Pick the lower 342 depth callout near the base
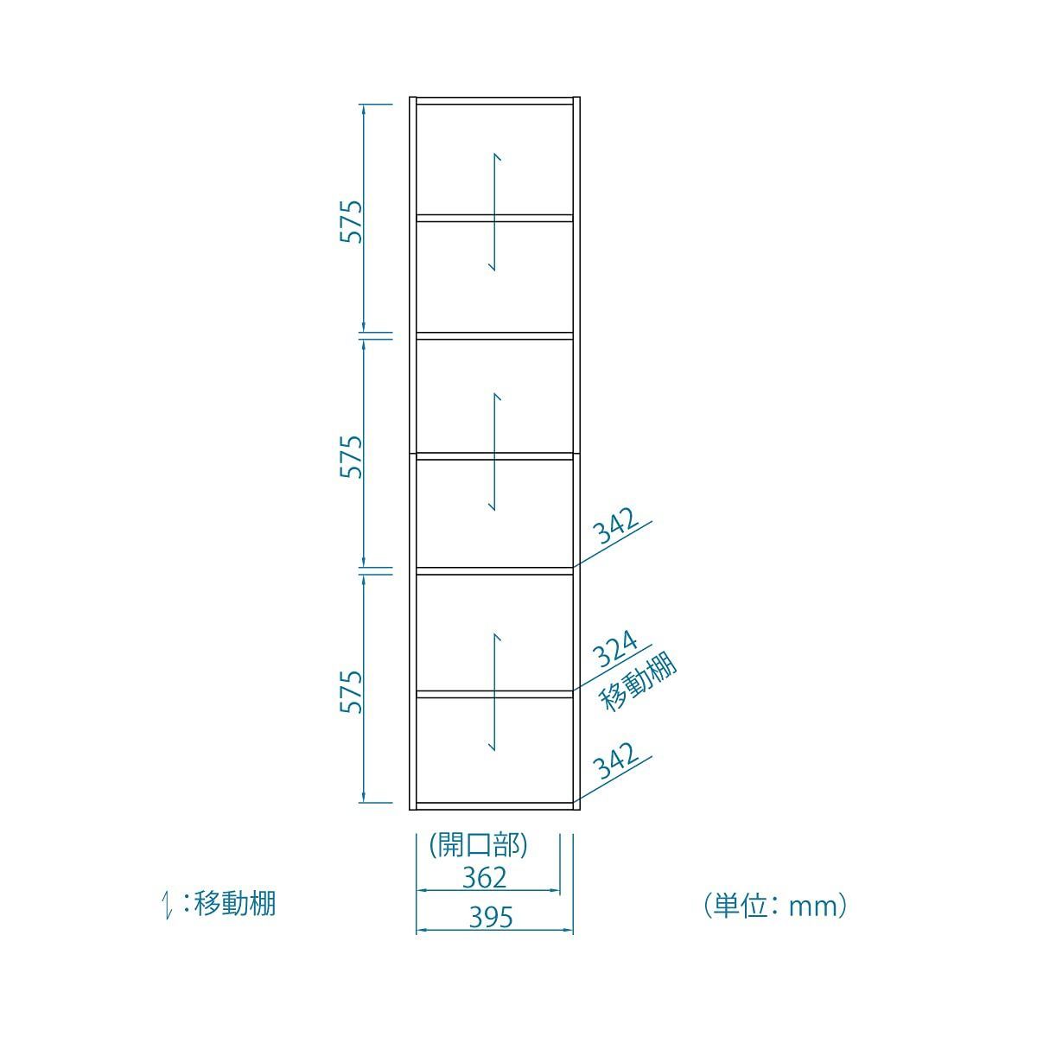617,761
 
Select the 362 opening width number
484,877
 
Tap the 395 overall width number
490,916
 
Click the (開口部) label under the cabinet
478,844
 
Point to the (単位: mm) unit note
774,905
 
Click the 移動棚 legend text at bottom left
235,904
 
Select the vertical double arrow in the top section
494,212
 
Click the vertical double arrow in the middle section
494,451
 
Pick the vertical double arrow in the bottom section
494,690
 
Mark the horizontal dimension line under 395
494,931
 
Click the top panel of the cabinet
494,101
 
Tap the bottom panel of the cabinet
494,805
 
